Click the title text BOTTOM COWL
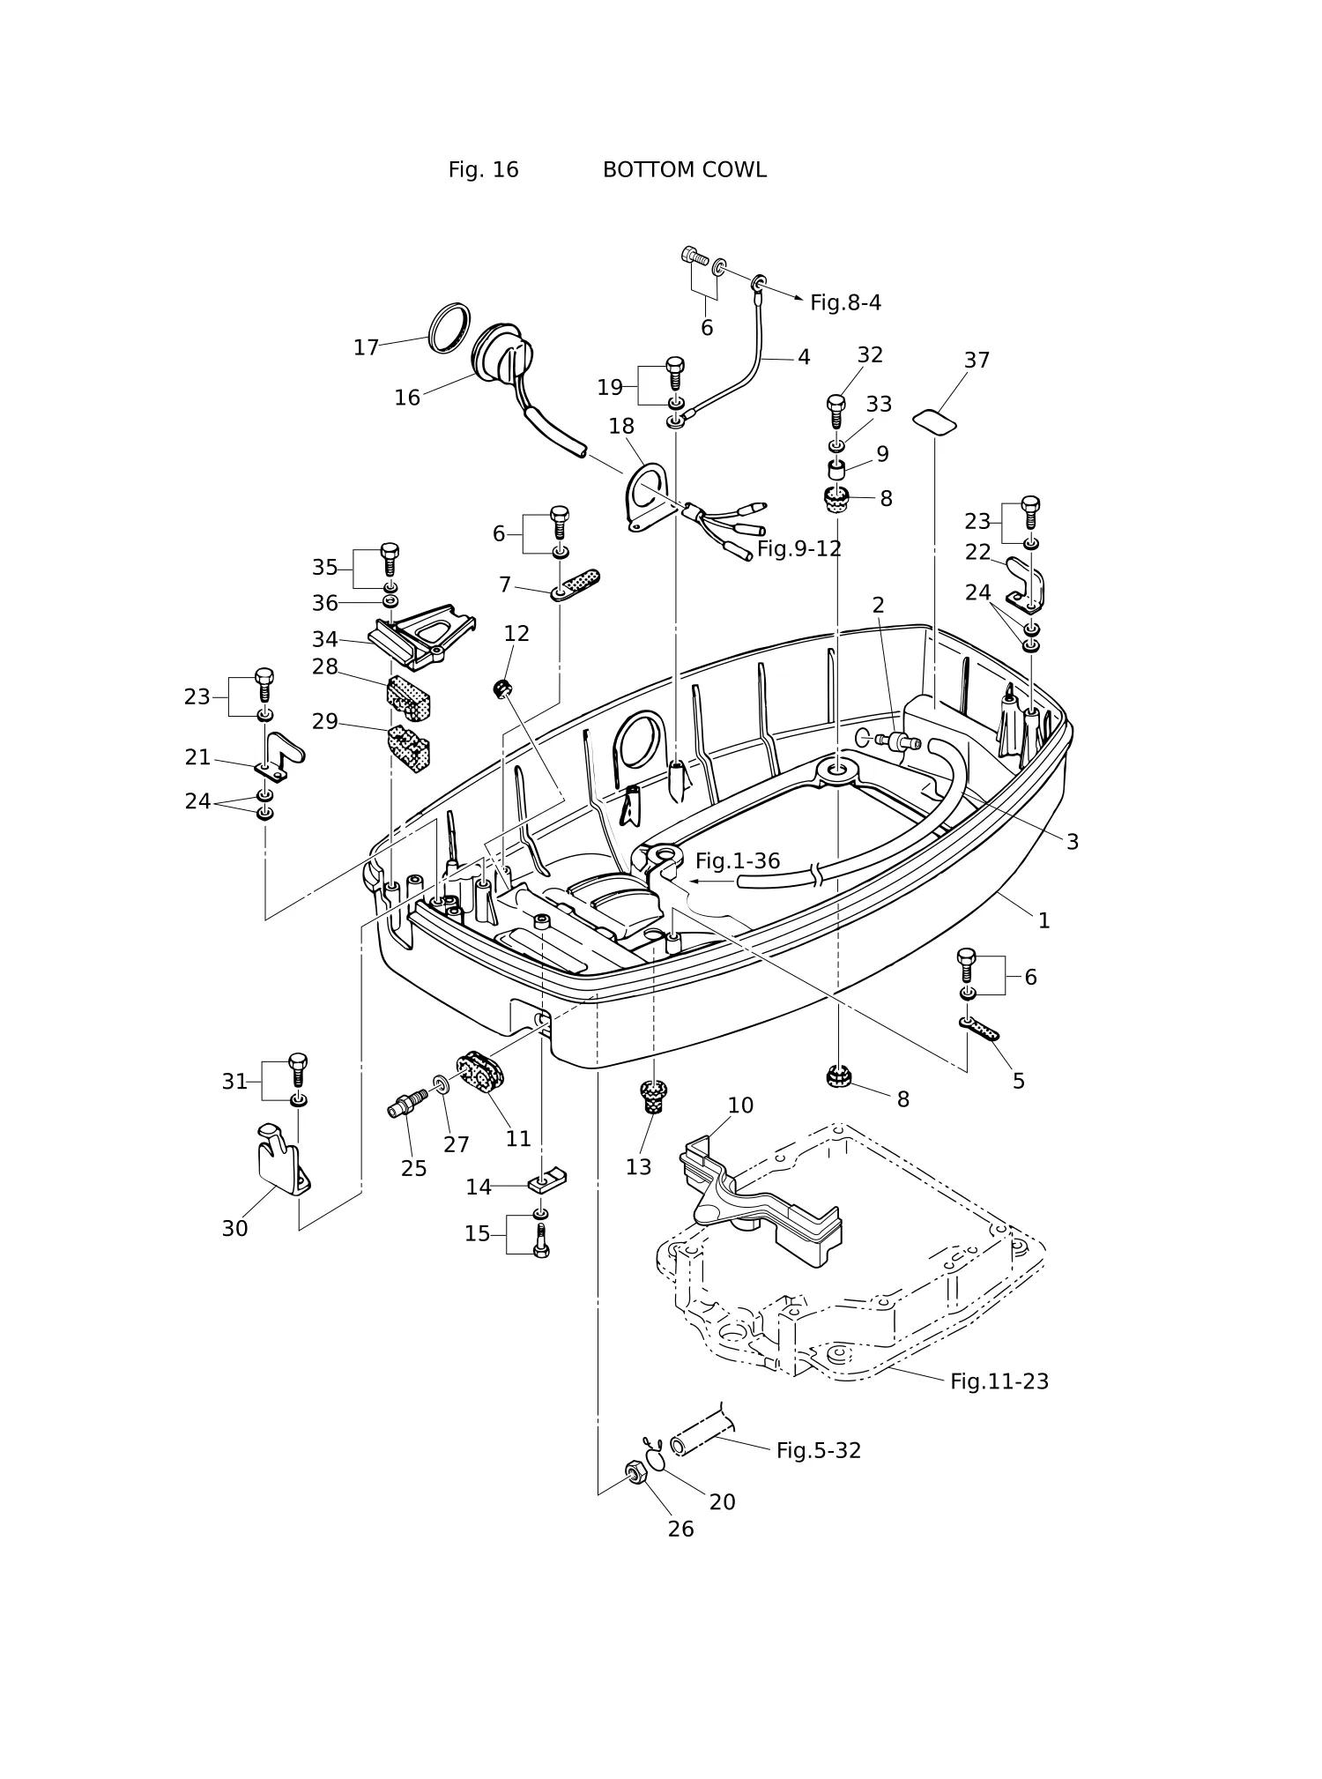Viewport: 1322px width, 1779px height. pos(684,170)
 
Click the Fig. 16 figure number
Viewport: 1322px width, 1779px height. pos(483,170)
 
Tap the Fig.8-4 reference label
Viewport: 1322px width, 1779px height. pos(845,303)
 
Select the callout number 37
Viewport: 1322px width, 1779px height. pos(977,361)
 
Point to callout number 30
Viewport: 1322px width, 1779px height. pos(234,1229)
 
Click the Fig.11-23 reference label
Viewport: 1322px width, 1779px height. pos(999,1381)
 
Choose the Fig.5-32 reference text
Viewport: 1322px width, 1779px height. pos(819,1451)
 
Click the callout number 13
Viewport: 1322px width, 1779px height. pos(638,1167)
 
